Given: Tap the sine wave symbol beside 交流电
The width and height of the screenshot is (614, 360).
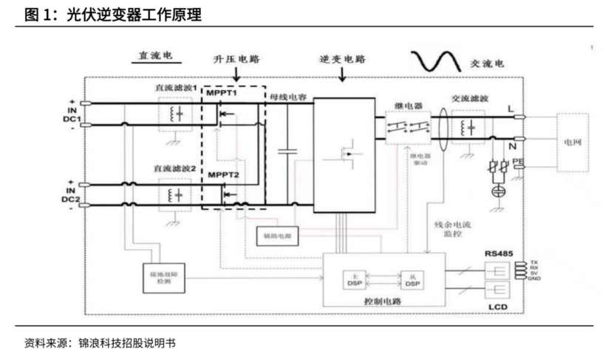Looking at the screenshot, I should click(x=436, y=60).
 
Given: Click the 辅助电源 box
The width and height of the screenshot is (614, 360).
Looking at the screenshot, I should click(x=276, y=237).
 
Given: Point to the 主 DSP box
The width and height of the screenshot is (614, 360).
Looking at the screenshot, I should click(x=353, y=280).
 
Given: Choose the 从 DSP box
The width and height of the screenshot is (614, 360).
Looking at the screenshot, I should click(x=412, y=280).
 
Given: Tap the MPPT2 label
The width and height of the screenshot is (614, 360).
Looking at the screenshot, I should click(x=222, y=174).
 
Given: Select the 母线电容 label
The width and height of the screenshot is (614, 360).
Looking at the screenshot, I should click(x=288, y=96).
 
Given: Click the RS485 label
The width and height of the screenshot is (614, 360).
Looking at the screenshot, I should click(x=499, y=253).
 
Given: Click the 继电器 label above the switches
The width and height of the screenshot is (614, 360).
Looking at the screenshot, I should click(x=408, y=106).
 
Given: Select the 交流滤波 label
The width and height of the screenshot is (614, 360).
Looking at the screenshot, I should click(x=468, y=98).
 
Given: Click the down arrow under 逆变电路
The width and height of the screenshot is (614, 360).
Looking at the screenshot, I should click(x=342, y=74).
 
